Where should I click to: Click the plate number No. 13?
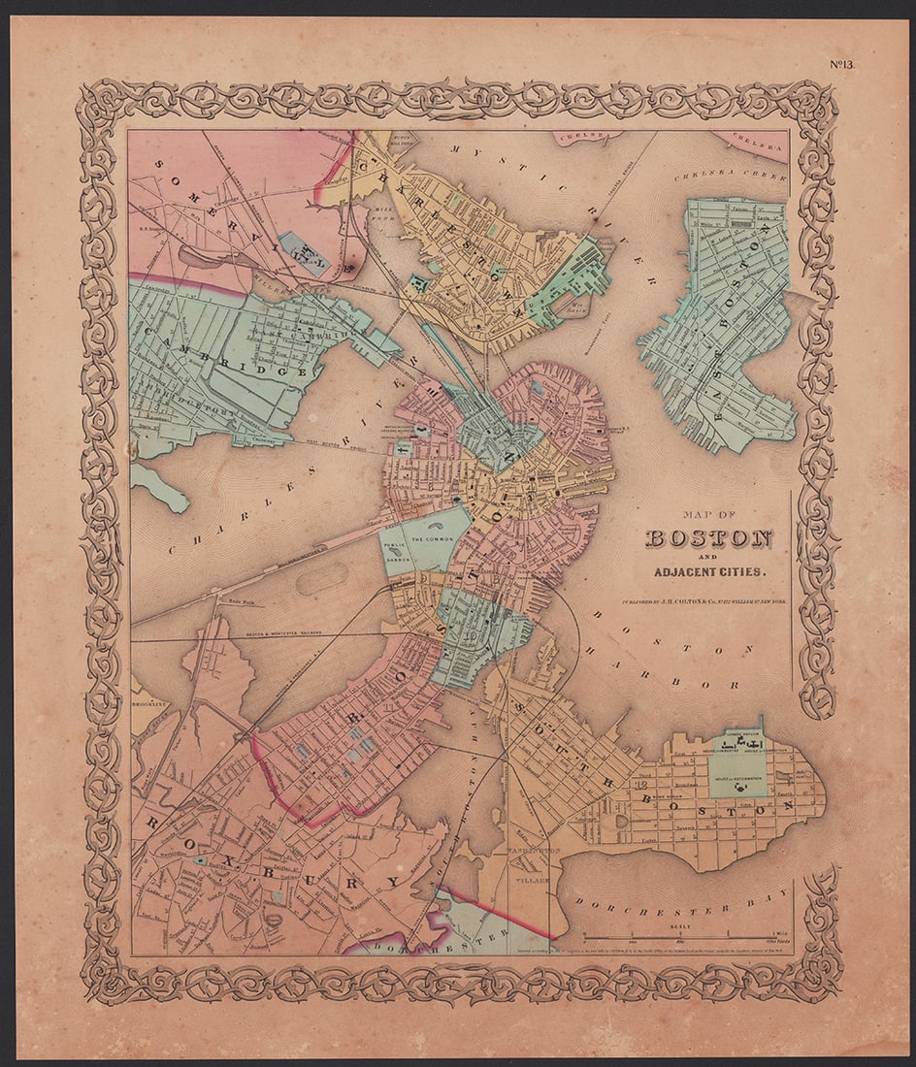coord(840,65)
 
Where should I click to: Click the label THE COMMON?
coord(432,539)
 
